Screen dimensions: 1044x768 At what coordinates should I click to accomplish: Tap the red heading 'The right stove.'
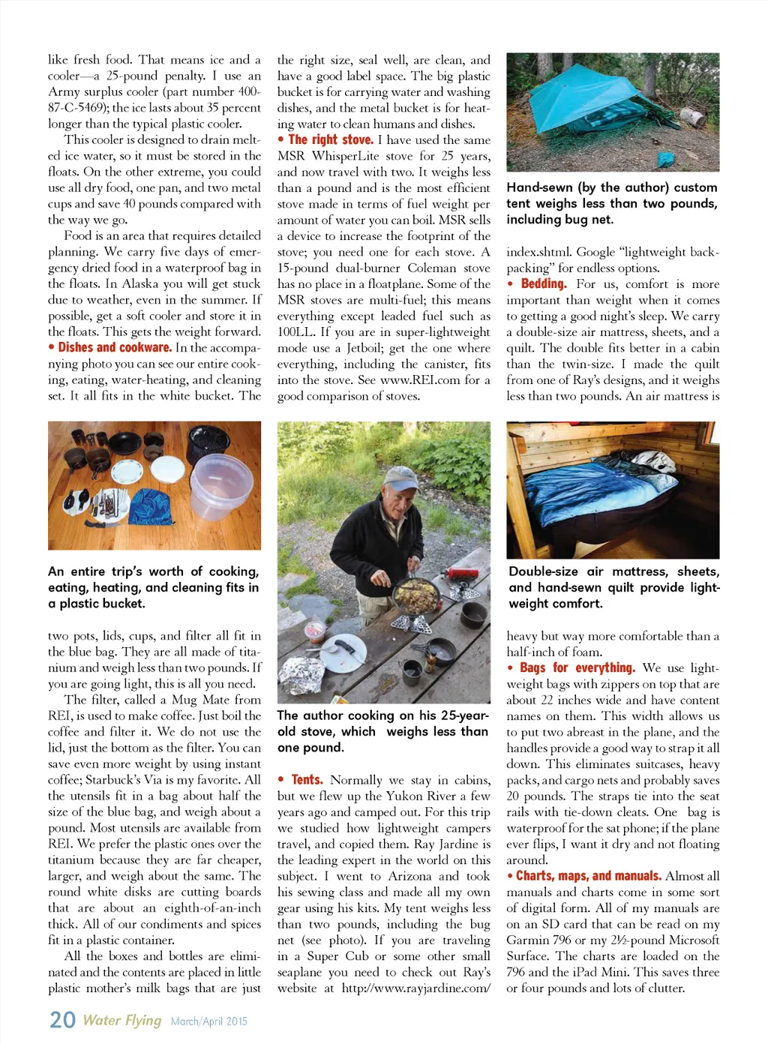coord(330,139)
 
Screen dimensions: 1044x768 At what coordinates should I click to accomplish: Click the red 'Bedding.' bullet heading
coord(544,283)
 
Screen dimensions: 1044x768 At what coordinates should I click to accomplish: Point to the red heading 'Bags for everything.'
coord(577,667)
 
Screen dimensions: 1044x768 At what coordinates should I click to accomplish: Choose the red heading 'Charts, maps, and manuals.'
coord(588,875)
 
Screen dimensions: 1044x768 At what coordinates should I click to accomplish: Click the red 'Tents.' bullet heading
coord(307,779)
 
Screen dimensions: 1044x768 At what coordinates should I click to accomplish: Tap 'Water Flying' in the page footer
coord(121,1020)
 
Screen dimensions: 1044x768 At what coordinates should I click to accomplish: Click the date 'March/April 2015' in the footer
coord(208,1021)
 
